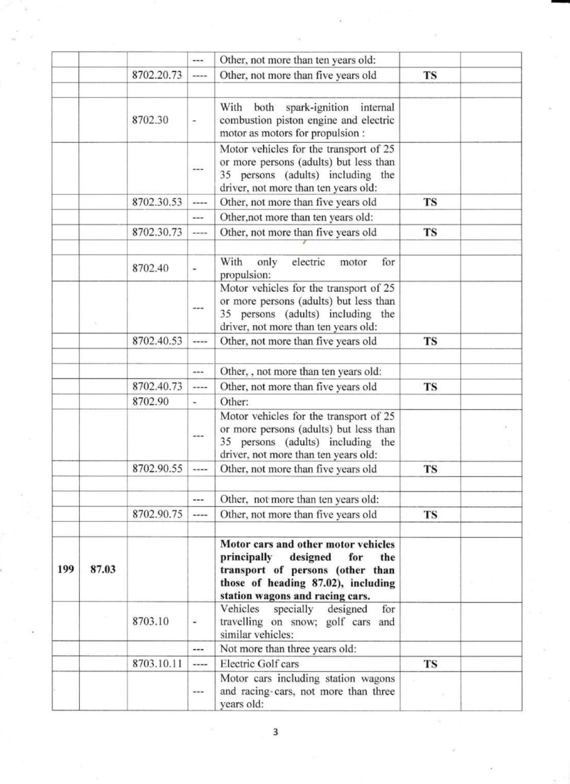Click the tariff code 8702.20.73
pos(157,75)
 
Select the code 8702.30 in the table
pos(150,120)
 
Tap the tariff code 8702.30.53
pos(157,202)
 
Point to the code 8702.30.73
pos(157,232)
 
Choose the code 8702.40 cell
pos(150,268)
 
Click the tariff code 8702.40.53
pos(157,341)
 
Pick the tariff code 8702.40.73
pos(157,386)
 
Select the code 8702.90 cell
pos(150,401)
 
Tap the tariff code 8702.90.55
pos(157,469)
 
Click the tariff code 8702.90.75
pos(157,514)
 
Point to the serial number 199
pos(66,570)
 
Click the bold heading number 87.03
pos(103,570)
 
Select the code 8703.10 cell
pos(150,622)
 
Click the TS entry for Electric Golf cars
pos(430,664)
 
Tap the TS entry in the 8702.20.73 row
pos(430,75)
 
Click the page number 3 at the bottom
pos(275,732)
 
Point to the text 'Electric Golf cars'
pos(259,664)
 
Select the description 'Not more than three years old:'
pos(288,649)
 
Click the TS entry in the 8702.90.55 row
pos(430,469)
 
